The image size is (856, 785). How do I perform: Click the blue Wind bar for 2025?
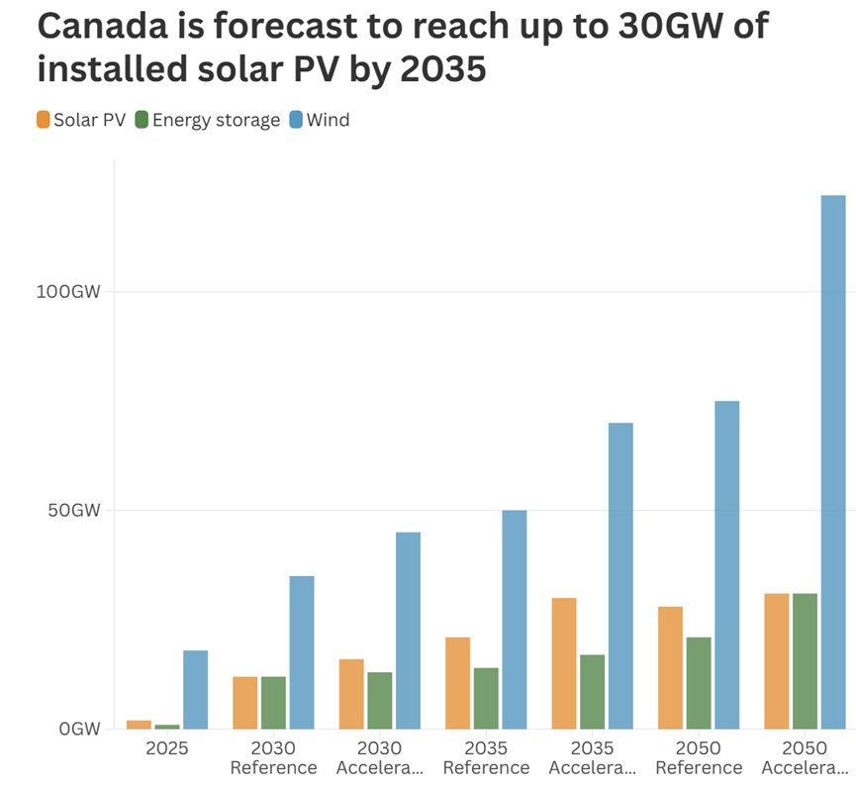pos(195,690)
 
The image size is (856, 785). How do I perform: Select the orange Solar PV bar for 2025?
pos(140,725)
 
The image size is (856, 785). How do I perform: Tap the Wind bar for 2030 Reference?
pos(302,652)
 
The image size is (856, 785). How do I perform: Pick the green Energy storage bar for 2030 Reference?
pos(273,703)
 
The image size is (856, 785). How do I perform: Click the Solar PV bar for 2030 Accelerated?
pos(351,694)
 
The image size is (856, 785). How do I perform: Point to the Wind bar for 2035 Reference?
pos(515,620)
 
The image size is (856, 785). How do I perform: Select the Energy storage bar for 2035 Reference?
pos(486,698)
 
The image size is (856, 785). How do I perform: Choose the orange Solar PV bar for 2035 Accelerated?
pos(564,663)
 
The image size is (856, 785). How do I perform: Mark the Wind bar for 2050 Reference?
pos(727,565)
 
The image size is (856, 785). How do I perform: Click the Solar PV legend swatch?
pos(43,121)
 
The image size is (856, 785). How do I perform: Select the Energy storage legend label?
pos(216,121)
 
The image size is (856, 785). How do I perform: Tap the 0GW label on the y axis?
pos(78,730)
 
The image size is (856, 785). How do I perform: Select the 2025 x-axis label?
pos(167,747)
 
